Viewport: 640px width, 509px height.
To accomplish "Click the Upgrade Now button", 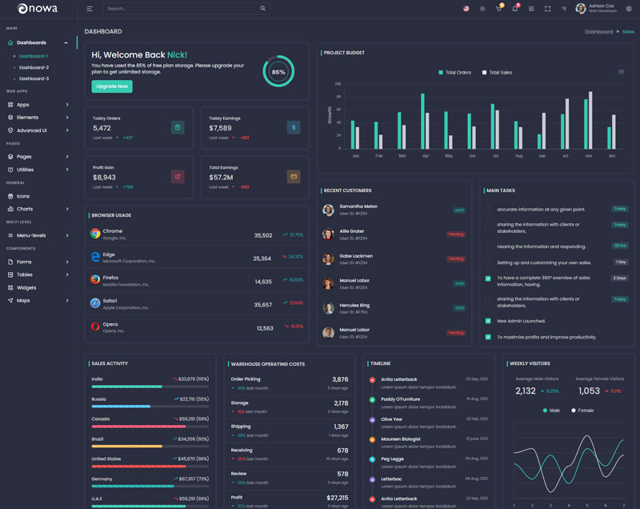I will (112, 86).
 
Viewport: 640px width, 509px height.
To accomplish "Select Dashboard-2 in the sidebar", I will (34, 67).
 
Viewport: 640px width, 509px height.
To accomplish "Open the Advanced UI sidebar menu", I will (32, 130).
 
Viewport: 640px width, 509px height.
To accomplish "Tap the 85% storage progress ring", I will (278, 71).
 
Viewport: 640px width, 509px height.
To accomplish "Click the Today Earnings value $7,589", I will (221, 128).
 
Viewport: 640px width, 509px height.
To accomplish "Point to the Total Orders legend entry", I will (454, 72).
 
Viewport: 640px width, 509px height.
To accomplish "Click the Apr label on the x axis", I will (425, 156).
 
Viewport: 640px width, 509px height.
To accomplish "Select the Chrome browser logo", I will (95, 234).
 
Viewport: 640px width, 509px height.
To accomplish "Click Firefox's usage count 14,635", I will (263, 282).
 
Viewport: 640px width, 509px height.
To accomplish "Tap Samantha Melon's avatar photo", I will (328, 210).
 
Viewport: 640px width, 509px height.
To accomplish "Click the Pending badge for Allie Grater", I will (456, 234).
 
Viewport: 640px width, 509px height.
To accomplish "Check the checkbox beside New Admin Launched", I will (488, 321).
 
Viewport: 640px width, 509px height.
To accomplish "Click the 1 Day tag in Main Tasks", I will (620, 262).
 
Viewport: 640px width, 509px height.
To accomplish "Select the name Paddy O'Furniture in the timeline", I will (400, 399).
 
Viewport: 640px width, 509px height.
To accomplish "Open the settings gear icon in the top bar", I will (628, 9).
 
